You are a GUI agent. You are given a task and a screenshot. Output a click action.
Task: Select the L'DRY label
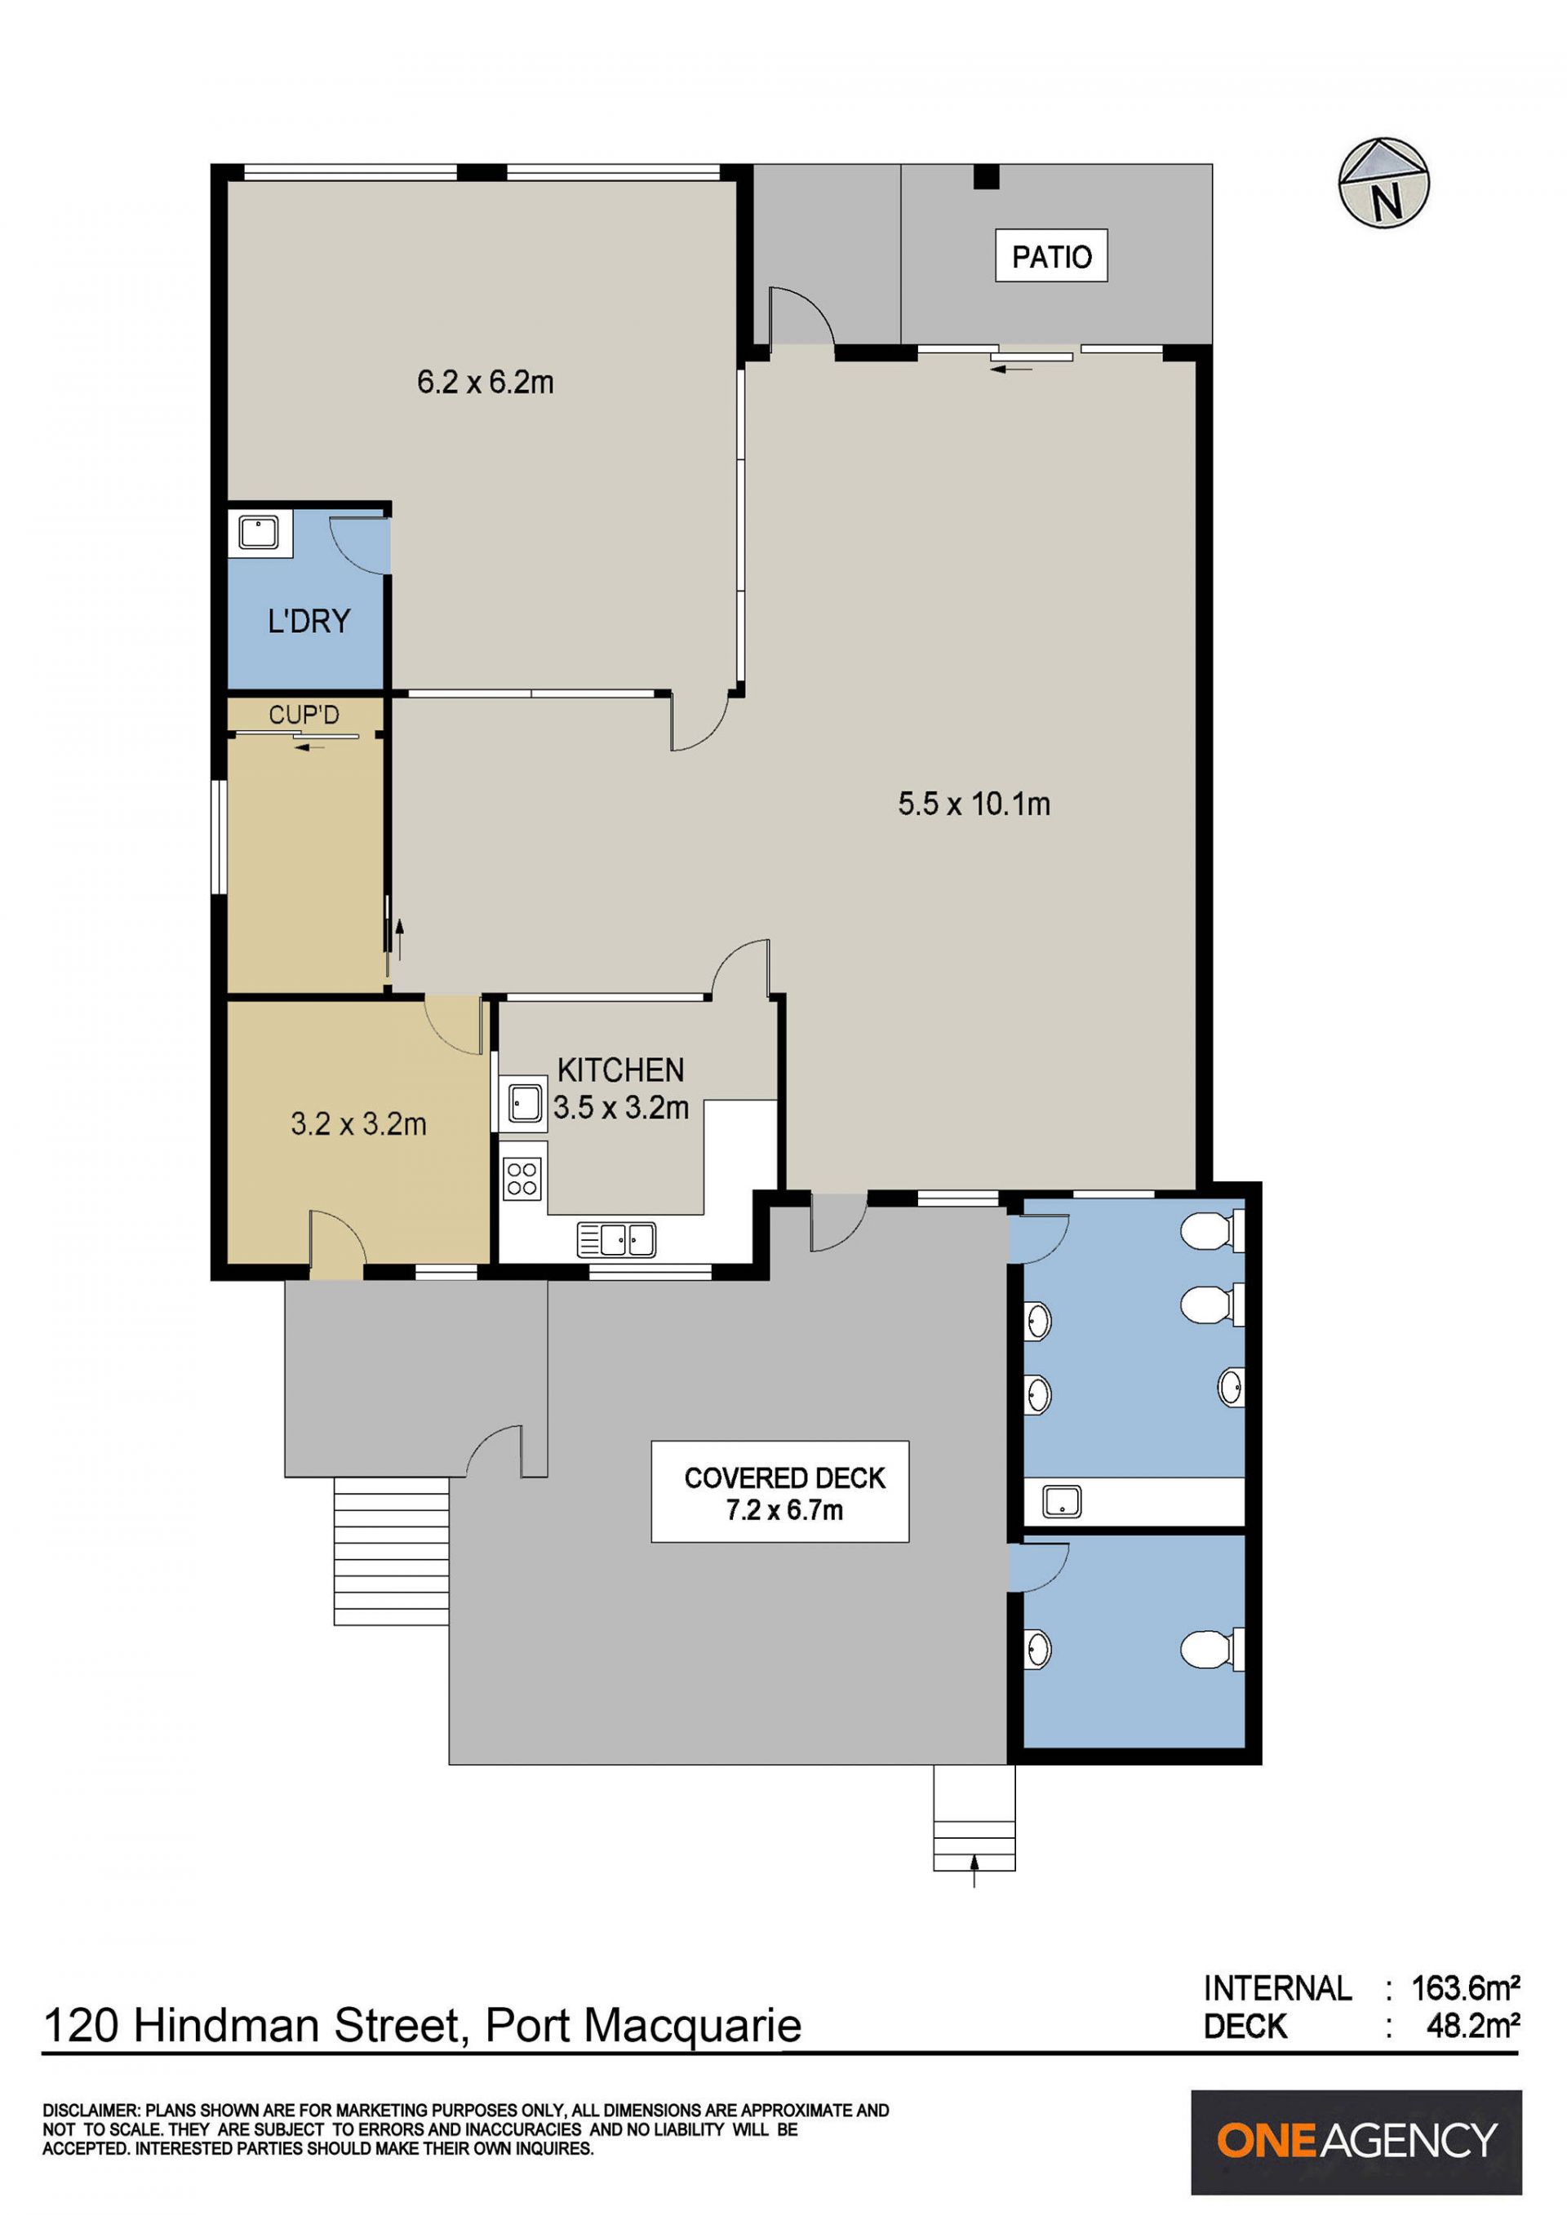309,620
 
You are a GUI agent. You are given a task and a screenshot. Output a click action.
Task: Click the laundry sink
260,533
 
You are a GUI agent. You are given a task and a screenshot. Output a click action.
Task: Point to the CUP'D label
304,715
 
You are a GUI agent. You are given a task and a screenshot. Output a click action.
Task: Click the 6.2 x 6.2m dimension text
486,383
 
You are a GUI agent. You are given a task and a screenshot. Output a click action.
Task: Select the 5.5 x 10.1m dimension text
974,804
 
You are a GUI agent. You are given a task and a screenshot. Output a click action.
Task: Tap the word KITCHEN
620,1070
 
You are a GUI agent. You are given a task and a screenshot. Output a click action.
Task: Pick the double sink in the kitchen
616,1240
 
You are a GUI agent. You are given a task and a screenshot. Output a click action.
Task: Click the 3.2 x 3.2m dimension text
358,1124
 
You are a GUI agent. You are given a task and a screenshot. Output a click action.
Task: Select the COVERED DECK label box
779,1491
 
